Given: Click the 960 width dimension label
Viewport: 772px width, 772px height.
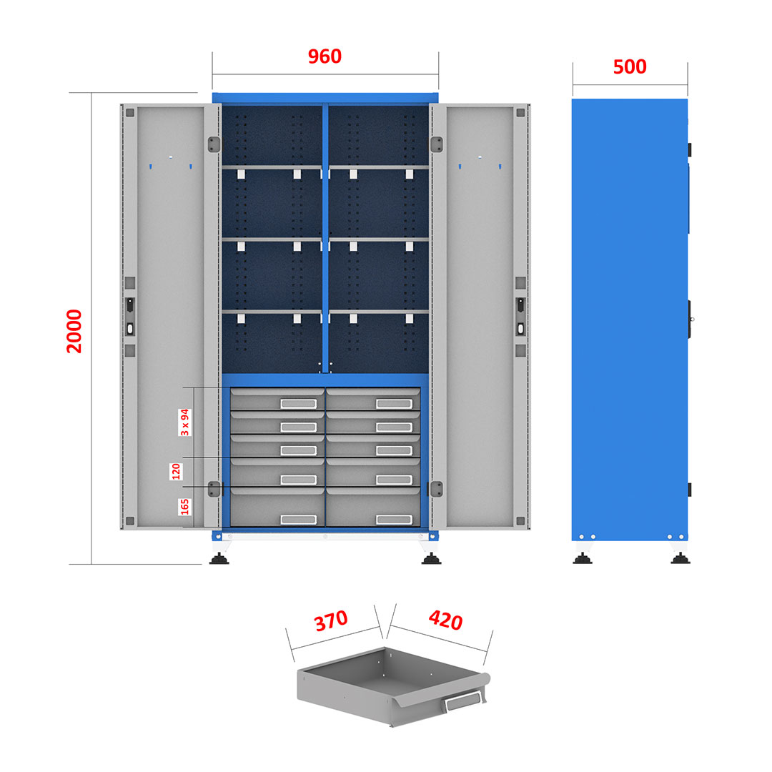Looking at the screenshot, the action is click(325, 56).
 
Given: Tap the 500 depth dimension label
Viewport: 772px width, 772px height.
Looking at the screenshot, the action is click(630, 67).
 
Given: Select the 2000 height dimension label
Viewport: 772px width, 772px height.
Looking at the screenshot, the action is click(74, 331).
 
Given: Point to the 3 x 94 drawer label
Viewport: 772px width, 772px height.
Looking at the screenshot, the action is click(184, 422).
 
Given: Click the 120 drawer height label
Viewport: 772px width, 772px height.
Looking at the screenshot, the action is click(176, 471).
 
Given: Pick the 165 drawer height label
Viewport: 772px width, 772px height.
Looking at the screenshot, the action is click(184, 506).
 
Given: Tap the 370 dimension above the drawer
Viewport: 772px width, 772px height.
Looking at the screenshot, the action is click(332, 621).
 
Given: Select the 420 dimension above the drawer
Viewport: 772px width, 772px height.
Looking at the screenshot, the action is click(445, 620).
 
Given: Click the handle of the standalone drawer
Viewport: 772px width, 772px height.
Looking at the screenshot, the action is click(462, 701).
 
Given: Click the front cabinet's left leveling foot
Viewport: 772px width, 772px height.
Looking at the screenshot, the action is click(219, 558).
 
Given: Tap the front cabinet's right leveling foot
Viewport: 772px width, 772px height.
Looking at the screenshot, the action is click(431, 558).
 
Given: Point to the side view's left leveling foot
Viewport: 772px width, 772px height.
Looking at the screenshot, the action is click(583, 558).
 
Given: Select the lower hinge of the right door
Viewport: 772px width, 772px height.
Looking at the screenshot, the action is click(437, 489).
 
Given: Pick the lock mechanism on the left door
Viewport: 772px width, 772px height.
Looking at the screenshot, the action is click(130, 317).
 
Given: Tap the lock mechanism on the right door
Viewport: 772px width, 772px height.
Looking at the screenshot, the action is click(520, 317).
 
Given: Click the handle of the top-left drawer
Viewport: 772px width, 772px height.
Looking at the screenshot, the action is click(298, 404).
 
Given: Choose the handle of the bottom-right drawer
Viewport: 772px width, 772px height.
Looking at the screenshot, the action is click(394, 520).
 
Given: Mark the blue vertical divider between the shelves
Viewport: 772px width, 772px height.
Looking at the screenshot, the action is click(325, 238).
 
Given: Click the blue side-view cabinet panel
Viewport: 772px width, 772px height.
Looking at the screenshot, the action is click(630, 320).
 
